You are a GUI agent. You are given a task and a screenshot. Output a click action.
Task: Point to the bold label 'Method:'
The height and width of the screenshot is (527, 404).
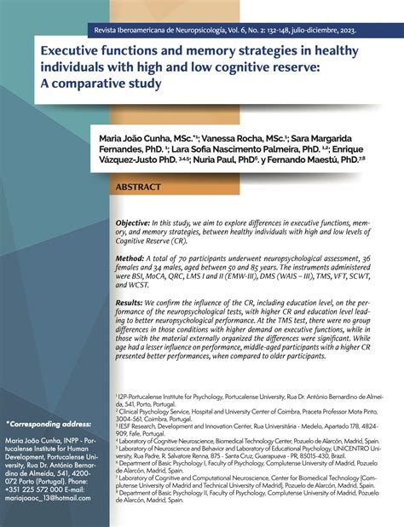pyautogui.click(x=133, y=258)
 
